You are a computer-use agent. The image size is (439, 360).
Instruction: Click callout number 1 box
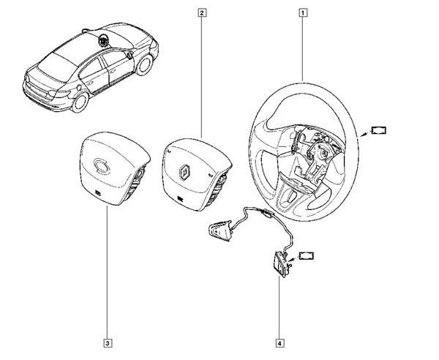point(303,13)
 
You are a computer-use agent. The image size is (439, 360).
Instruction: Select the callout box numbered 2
point(202,13)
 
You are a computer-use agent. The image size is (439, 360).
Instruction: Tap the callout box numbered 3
point(108,343)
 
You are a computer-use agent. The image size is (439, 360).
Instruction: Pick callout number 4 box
point(279,343)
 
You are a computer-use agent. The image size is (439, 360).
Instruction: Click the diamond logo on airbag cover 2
point(184,172)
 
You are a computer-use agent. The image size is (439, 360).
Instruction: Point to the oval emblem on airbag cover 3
point(101,165)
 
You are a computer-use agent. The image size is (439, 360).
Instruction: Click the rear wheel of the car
point(80,102)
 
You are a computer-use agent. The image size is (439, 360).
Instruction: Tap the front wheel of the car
point(144,65)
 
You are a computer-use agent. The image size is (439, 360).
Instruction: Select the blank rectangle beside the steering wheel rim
point(378,130)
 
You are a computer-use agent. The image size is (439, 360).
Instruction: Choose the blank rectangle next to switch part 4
point(307,256)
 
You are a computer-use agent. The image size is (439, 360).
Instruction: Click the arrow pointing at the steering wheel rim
point(364,135)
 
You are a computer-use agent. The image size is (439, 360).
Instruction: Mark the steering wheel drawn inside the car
point(102,40)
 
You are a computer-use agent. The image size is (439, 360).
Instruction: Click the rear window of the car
point(53,67)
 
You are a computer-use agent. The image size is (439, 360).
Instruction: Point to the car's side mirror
point(130,56)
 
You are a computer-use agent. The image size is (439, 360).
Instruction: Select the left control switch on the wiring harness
point(220,230)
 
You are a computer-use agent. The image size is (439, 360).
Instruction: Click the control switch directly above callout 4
point(281,264)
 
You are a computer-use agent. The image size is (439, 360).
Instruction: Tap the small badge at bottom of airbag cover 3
point(97,192)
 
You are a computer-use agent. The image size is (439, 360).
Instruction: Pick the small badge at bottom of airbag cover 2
point(180,199)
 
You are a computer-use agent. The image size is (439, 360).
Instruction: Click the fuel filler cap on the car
point(79,87)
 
